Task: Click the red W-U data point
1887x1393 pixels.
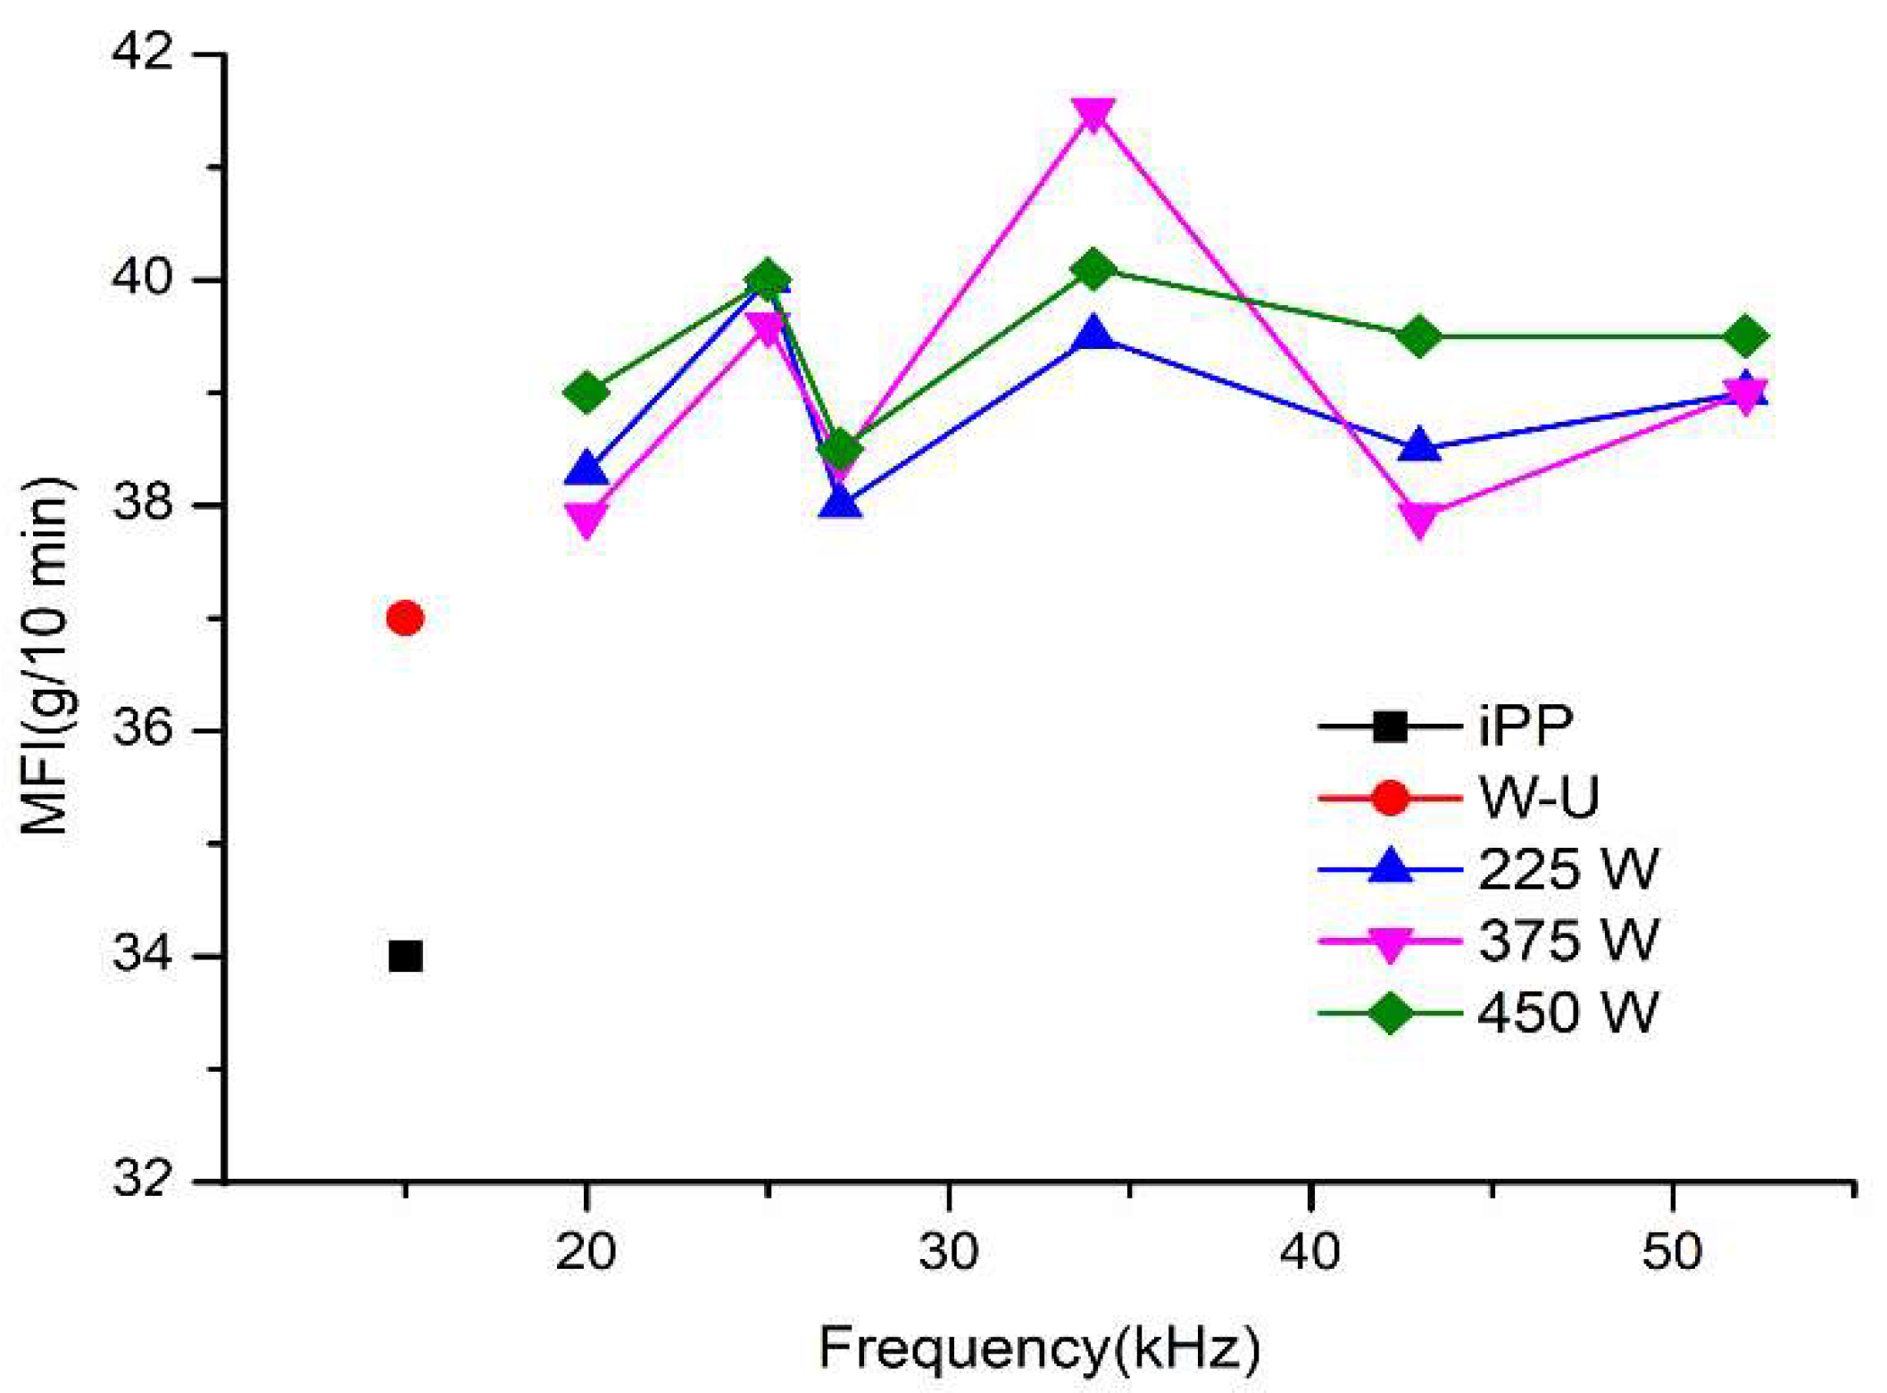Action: point(405,618)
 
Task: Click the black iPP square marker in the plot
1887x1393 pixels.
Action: point(405,957)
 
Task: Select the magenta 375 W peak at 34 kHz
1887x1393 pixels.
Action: point(1094,113)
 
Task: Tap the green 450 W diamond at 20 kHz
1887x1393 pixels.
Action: point(586,392)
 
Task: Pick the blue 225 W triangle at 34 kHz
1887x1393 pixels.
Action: point(1094,336)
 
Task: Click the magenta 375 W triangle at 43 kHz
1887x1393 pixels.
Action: point(1419,518)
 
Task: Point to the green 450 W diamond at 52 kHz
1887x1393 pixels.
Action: point(1746,336)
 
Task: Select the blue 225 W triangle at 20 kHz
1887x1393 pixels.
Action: point(586,468)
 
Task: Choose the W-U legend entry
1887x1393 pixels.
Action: point(1538,798)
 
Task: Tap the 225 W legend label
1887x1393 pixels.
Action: point(1567,869)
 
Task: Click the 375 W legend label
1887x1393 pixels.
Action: point(1567,941)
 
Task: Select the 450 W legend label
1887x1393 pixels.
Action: point(1567,1013)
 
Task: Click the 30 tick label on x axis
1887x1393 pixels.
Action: point(948,1252)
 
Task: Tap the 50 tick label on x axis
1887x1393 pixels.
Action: point(1671,1252)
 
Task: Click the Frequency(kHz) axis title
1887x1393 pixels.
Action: point(1040,1348)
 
